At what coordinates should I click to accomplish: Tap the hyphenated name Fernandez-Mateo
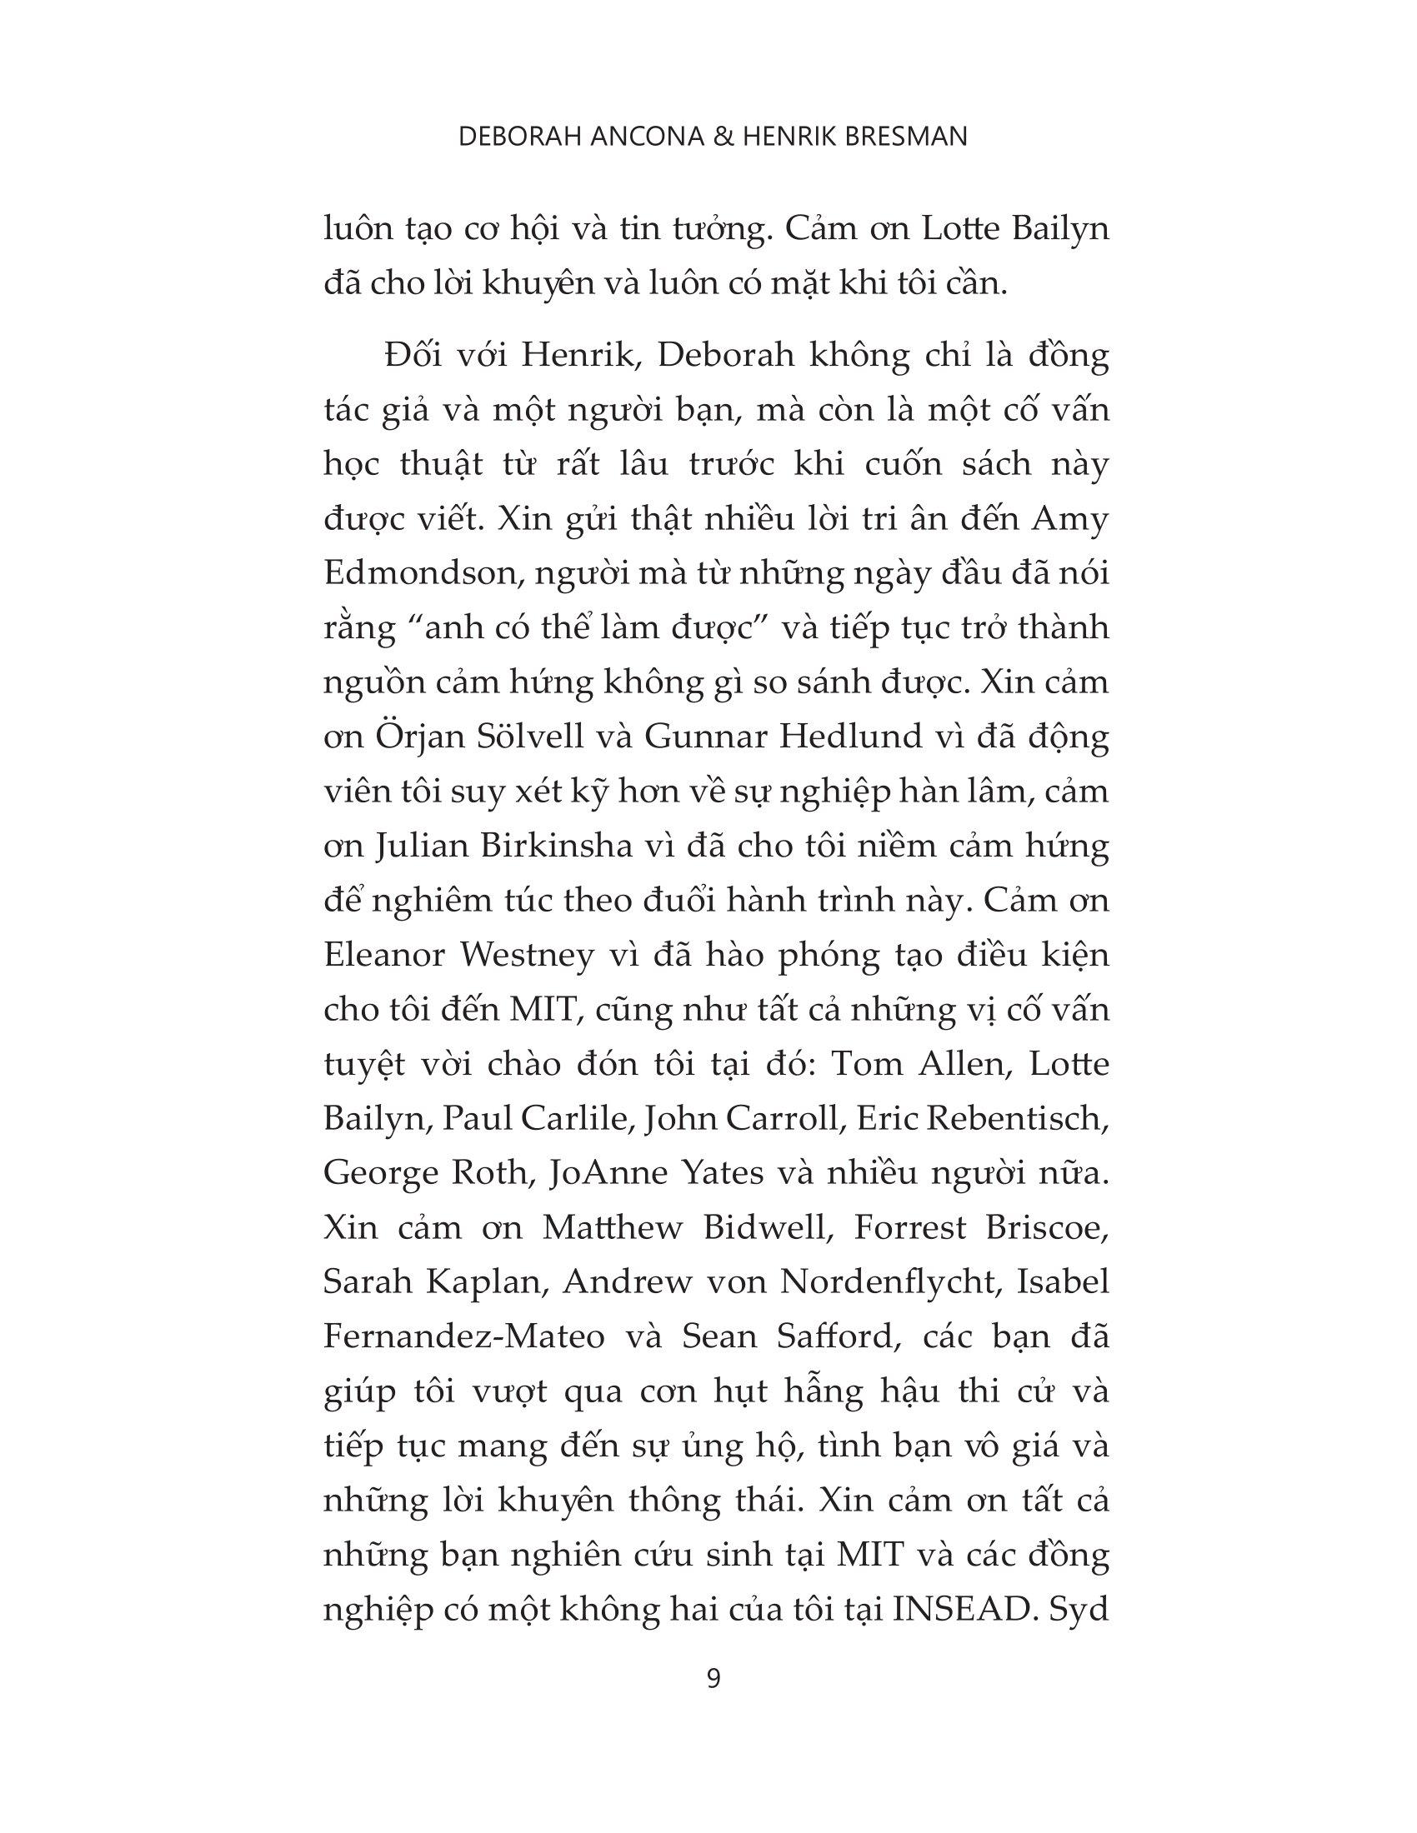[463, 1336]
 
